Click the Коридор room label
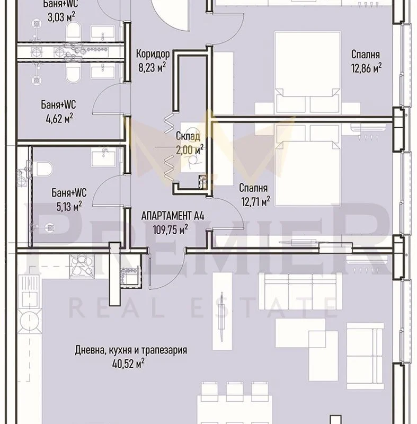tap(153, 54)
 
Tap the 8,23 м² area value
tap(152, 67)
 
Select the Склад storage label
tap(188, 136)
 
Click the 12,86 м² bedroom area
tap(366, 68)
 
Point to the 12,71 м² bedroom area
tap(255, 201)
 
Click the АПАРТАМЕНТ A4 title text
tap(173, 216)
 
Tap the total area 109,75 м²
tap(170, 229)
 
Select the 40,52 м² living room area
tap(128, 363)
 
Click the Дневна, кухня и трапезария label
tap(131, 350)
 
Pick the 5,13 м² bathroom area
tap(69, 206)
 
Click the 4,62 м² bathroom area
tap(60, 118)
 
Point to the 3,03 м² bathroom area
tap(61, 17)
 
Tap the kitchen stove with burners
tap(82, 266)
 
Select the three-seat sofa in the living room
tap(300, 291)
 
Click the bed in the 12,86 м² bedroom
tap(307, 73)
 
